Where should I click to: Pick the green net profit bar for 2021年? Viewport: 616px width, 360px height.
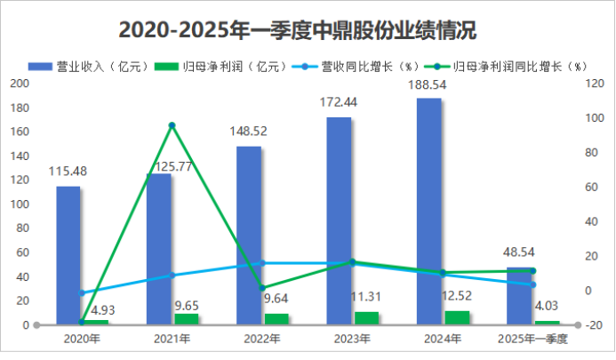pos(187,319)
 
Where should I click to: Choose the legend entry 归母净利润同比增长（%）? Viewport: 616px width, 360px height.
pos(514,66)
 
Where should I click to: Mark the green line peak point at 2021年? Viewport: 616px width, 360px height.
pos(172,125)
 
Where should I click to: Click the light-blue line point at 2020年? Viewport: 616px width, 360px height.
pos(82,292)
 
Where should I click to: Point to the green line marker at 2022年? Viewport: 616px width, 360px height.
pos(262,288)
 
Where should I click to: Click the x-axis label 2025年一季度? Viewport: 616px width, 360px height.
pos(532,339)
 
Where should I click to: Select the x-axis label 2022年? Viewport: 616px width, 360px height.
pos(261,339)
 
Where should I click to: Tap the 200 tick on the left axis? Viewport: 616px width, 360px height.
pos(19,84)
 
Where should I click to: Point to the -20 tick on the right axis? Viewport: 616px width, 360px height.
pos(591,325)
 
